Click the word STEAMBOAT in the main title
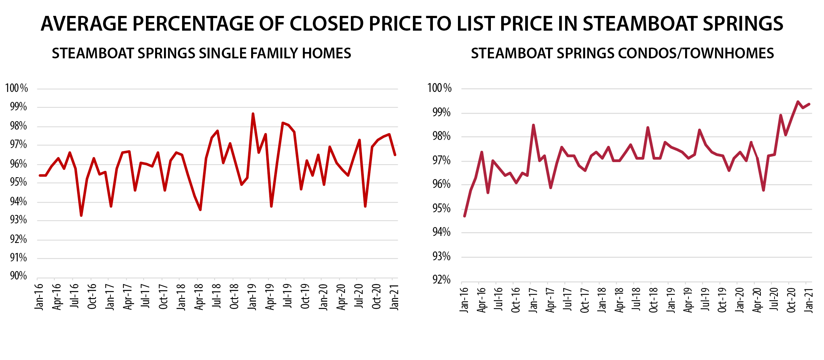tap(636, 24)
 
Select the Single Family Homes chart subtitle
tap(201, 54)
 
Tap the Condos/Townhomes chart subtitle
tap(622, 54)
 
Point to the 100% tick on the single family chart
tap(17, 88)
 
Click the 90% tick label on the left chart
tap(18, 276)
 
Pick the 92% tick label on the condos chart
tap(441, 280)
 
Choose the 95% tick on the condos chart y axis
tap(441, 209)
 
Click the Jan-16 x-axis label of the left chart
tap(39, 297)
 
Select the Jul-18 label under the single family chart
tap(216, 296)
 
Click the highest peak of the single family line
tap(253, 114)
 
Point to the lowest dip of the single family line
tap(81, 216)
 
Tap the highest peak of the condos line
tap(798, 102)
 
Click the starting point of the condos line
tap(464, 216)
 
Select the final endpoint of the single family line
tap(395, 155)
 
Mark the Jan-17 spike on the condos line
tap(533, 125)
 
